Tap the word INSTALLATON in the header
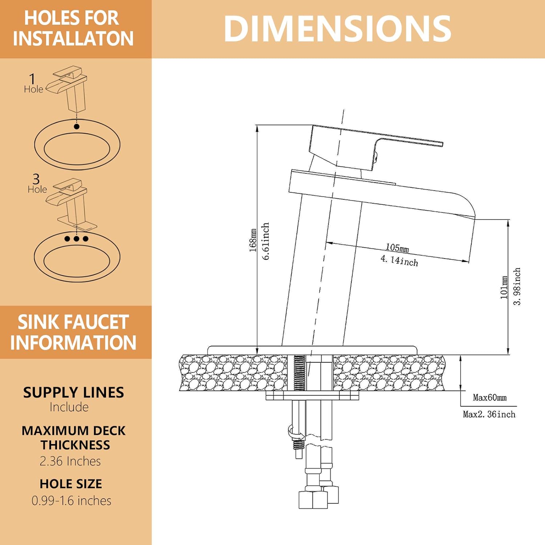pos(73,39)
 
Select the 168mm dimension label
pos(253,241)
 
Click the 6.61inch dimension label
pos(266,241)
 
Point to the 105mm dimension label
pos(397,248)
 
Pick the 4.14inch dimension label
pos(399,261)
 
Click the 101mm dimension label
pos(504,287)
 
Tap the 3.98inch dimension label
pos(517,287)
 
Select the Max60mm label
pos(489,397)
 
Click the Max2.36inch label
pos(489,414)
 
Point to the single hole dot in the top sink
pos(76,126)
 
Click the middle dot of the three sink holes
pos(76,239)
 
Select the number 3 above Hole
pos(36,179)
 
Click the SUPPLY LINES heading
pos(73,392)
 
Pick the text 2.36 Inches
pos(70,461)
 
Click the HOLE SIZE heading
pos(71,484)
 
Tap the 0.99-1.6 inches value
pos(71,501)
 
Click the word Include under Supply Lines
pos(69,407)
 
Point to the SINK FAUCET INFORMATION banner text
pos(73,332)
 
